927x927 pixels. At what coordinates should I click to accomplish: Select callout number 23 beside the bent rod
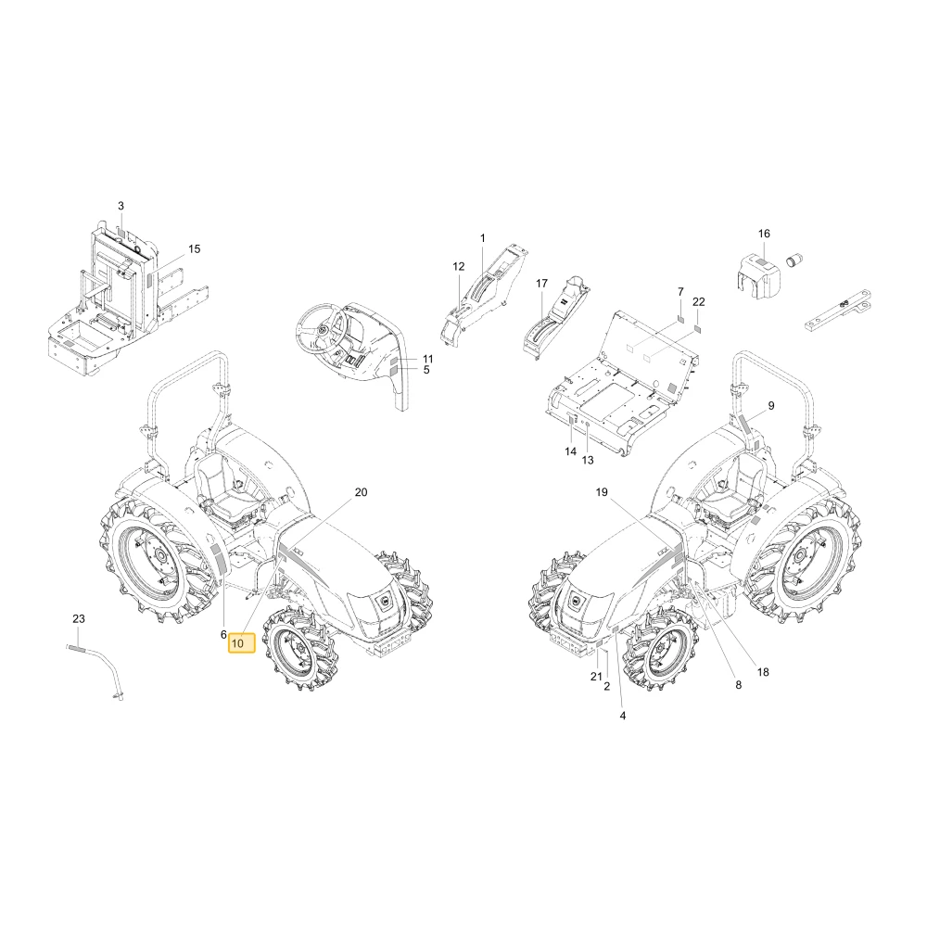79,619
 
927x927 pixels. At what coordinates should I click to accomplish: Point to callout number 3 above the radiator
121,207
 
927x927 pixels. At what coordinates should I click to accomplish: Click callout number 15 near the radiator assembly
195,248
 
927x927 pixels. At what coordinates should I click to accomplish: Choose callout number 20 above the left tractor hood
361,492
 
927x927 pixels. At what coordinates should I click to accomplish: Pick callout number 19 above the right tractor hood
602,492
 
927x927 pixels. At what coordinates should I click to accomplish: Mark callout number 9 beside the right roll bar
771,406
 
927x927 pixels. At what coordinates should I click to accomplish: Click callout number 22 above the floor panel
699,302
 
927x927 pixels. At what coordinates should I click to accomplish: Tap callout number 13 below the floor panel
587,460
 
